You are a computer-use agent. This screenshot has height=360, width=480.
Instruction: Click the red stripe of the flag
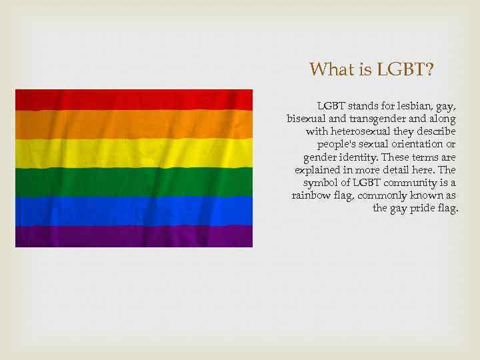[x=133, y=99]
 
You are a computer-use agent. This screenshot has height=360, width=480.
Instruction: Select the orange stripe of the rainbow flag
[x=133, y=124]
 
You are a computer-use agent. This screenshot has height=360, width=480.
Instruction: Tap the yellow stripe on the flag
[x=133, y=152]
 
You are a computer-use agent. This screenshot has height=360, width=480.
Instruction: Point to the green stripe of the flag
[x=133, y=181]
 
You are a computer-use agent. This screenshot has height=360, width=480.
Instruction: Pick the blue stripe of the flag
[x=133, y=209]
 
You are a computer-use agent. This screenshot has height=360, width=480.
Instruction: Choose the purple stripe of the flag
[x=133, y=235]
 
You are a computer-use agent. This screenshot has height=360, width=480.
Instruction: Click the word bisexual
[x=305, y=119]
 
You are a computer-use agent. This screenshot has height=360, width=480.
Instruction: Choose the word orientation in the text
[x=416, y=144]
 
